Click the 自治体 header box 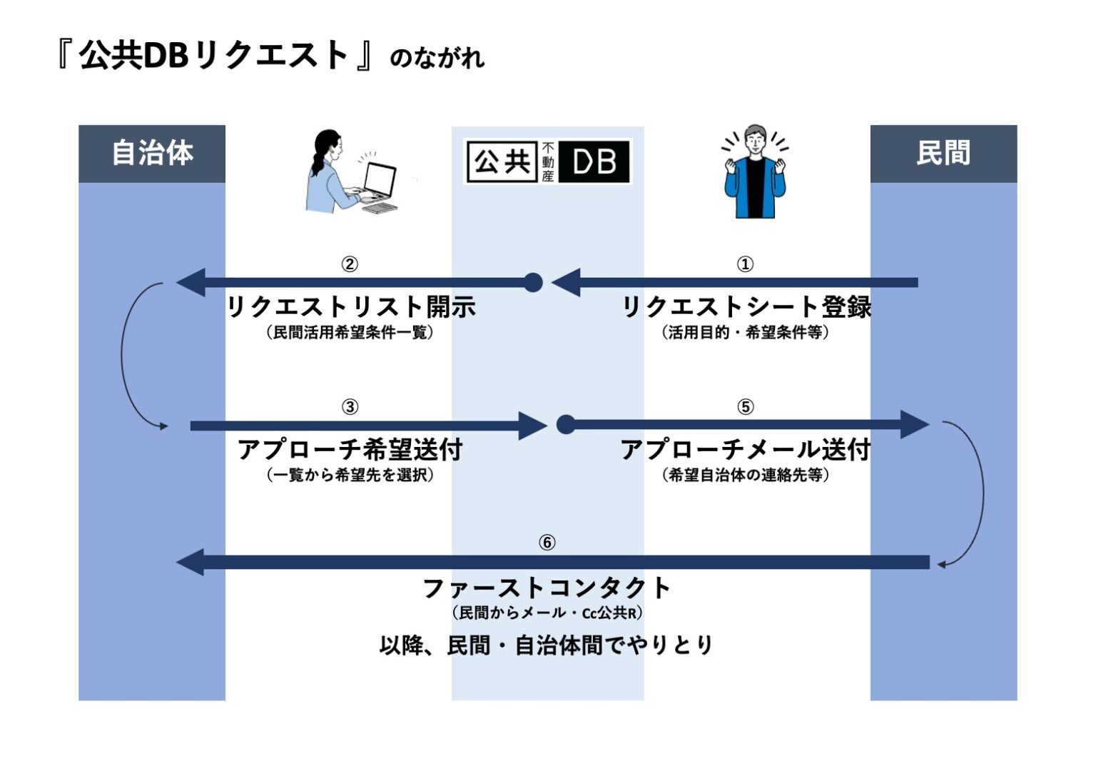click(152, 154)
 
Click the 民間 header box click(943, 154)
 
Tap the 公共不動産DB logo click(547, 161)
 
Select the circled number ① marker click(745, 264)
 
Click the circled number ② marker click(350, 264)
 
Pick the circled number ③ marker click(350, 407)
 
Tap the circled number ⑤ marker click(745, 407)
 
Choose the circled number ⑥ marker click(547, 543)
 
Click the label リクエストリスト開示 click(351, 307)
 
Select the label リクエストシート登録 click(746, 307)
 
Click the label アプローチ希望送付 click(350, 450)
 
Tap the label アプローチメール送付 click(746, 450)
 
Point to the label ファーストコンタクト click(547, 588)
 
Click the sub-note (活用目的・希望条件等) click(746, 333)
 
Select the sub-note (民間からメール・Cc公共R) click(547, 613)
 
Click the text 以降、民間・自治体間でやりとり click(547, 645)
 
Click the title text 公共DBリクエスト click(214, 55)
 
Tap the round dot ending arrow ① click(533, 283)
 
